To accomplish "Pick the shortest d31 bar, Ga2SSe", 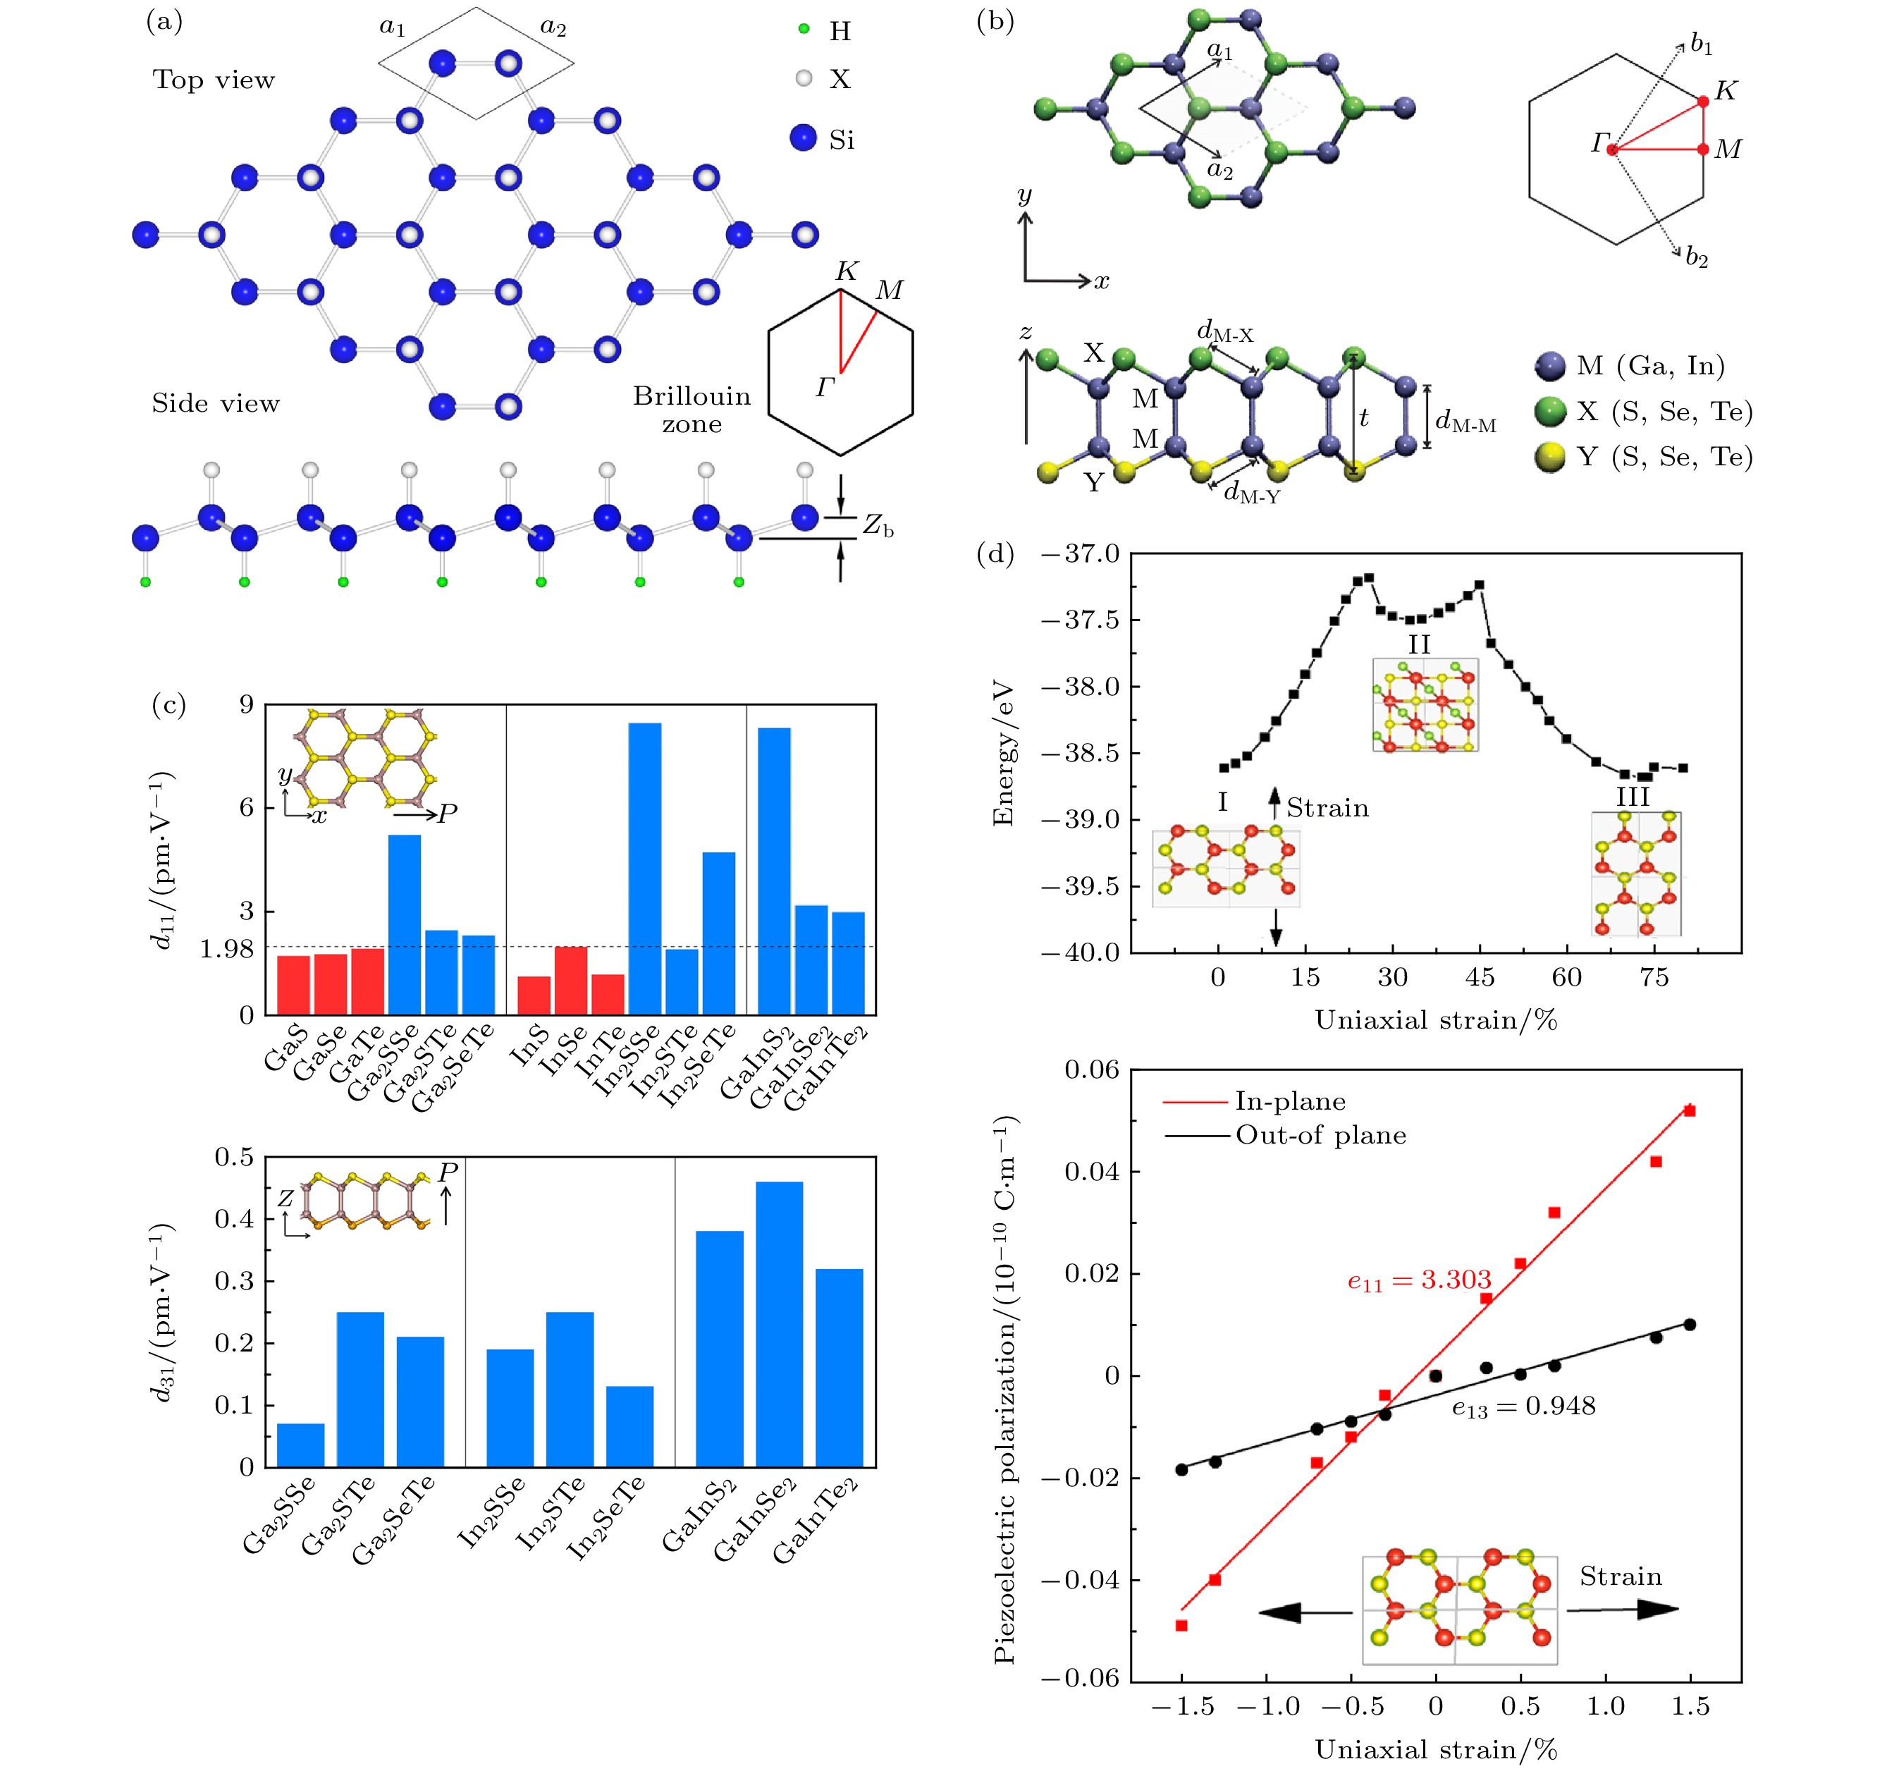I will tap(300, 1445).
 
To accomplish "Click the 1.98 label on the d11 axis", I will tap(227, 949).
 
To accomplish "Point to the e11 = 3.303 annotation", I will tap(1419, 1281).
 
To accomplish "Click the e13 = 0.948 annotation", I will tap(1523, 1407).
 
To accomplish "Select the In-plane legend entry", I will tap(1289, 1101).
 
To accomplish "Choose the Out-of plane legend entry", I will tap(1320, 1136).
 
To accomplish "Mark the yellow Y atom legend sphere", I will tap(1550, 457).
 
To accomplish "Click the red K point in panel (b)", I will tap(1703, 101).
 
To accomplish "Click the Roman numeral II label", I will tap(1418, 645).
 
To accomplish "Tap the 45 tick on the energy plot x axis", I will tap(1479, 977).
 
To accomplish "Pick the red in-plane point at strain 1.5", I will tap(1689, 1110).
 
